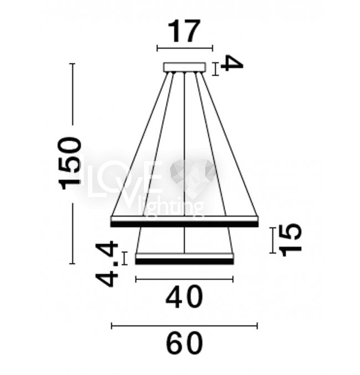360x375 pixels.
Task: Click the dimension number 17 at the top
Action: pyautogui.click(x=184, y=32)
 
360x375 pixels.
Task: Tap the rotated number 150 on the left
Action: pyautogui.click(x=70, y=163)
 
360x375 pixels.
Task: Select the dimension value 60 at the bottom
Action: pyautogui.click(x=184, y=343)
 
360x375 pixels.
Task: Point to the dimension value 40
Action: pyautogui.click(x=184, y=297)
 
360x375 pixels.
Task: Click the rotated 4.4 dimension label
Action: pyautogui.click(x=107, y=265)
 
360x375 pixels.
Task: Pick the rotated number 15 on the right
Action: pyautogui.click(x=291, y=240)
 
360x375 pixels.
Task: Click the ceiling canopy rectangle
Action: pyautogui.click(x=184, y=67)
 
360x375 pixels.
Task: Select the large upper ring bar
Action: pyautogui.click(x=184, y=222)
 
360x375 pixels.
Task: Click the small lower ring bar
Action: pyautogui.click(x=184, y=259)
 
